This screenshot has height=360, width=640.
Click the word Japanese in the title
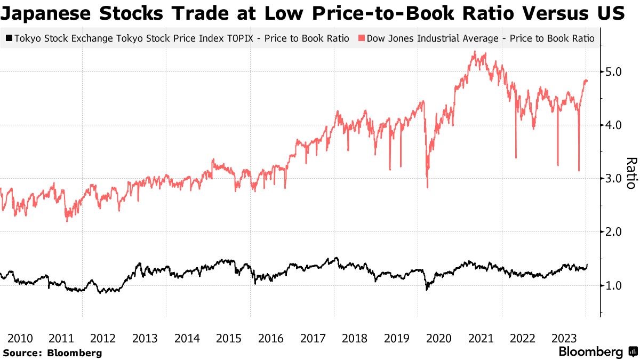tap(44, 13)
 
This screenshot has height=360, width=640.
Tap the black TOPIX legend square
tap(9, 38)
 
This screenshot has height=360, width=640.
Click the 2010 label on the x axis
tap(19, 338)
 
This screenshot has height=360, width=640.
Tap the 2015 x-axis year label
tap(229, 338)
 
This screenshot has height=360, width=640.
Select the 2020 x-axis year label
tap(439, 338)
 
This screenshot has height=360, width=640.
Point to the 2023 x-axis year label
tap(565, 338)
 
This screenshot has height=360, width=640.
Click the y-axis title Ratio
tap(630, 173)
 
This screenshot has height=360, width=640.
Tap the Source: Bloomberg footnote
tap(52, 353)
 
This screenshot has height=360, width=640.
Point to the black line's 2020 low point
tap(427, 290)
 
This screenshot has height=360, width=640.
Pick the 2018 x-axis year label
tap(355, 338)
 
